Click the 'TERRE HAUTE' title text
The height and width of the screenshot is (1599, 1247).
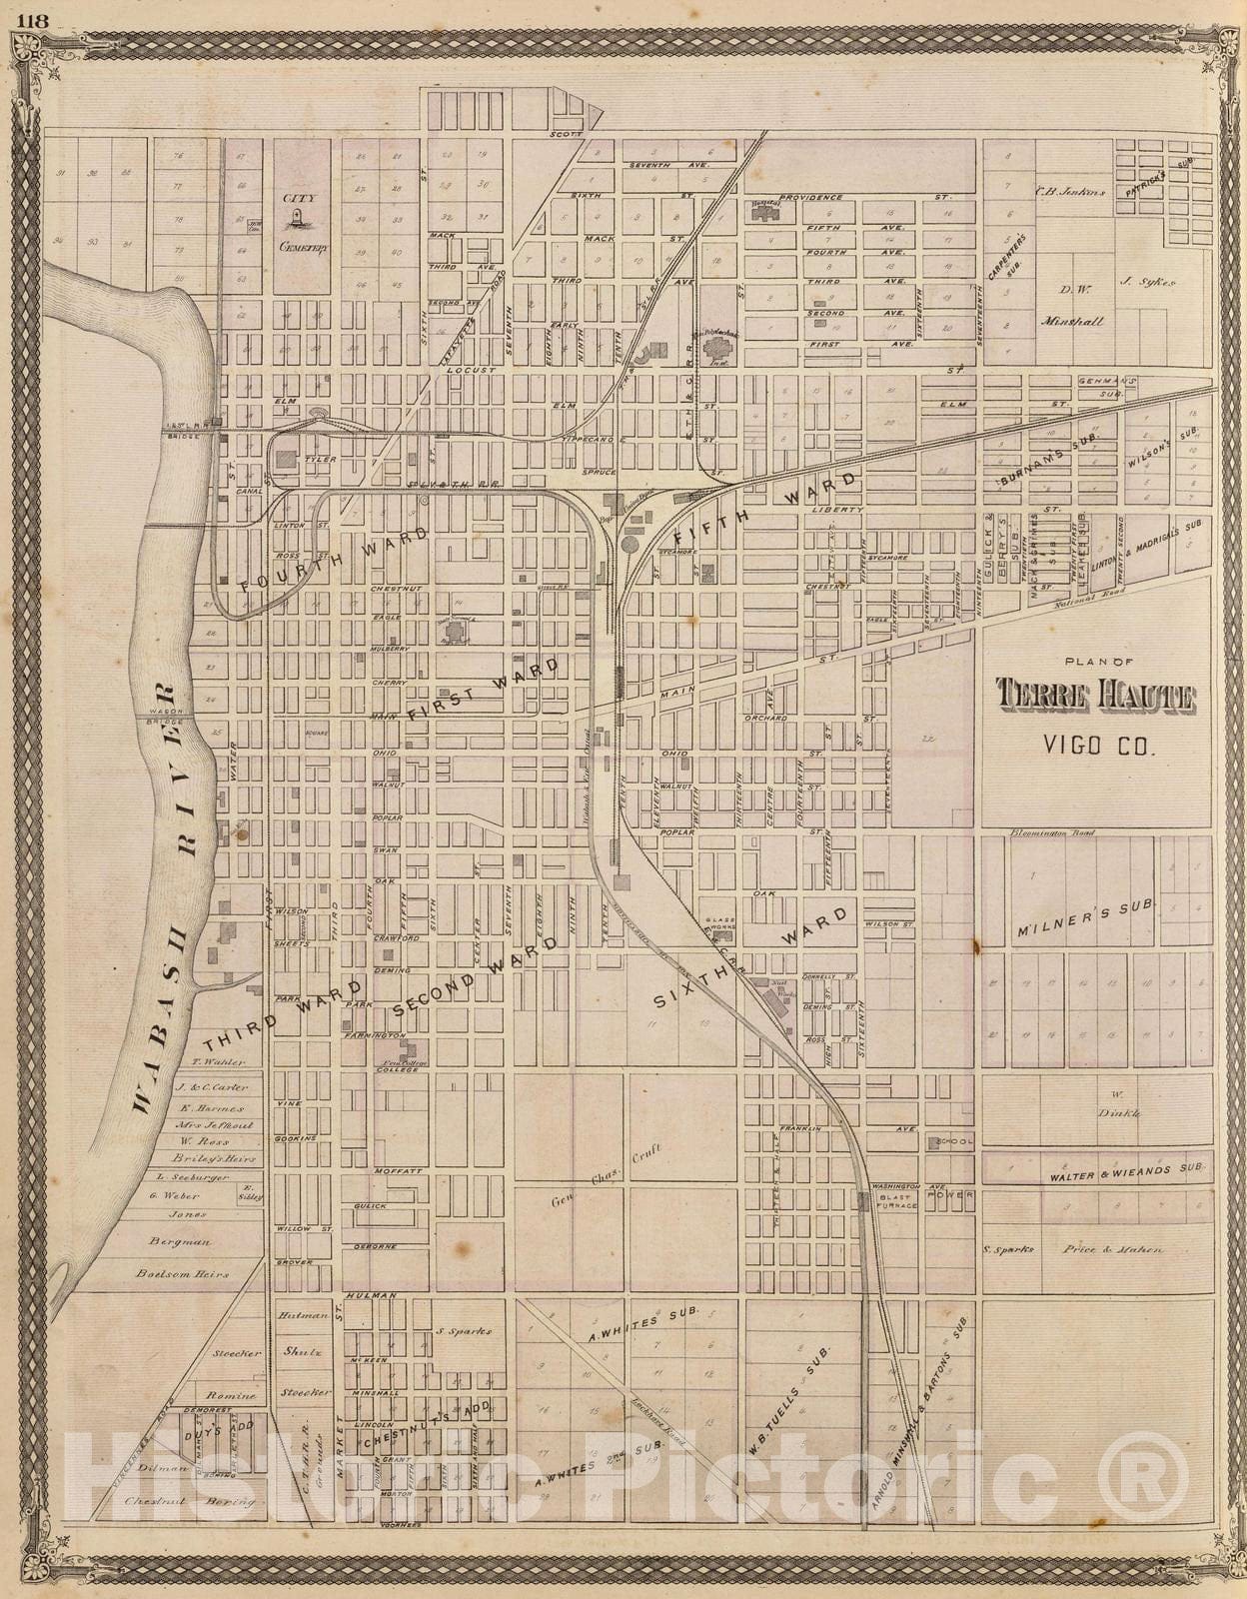point(1096,697)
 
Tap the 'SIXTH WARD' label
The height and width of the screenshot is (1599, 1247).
point(754,957)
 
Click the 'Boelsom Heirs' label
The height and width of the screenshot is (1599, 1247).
point(183,1274)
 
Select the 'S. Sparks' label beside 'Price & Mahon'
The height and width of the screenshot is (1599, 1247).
point(1005,1249)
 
